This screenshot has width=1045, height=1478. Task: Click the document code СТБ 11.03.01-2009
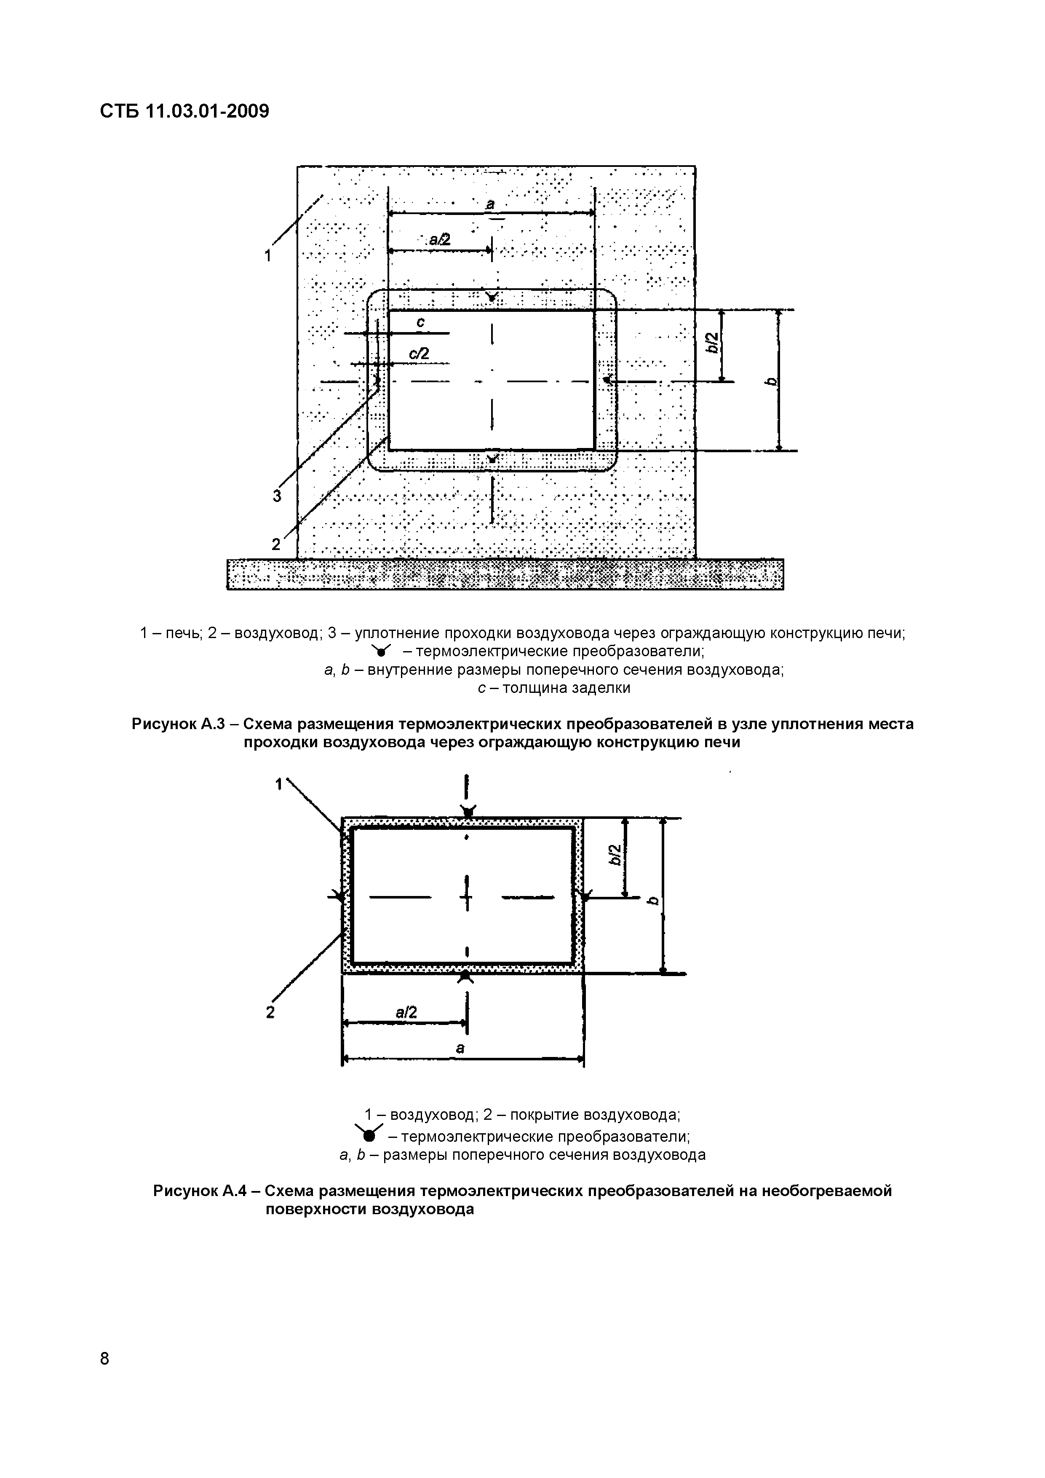click(x=184, y=111)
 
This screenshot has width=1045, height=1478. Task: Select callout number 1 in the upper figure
click(x=268, y=256)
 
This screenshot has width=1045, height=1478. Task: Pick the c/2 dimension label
click(x=419, y=354)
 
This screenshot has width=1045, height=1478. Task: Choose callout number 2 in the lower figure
click(x=270, y=1013)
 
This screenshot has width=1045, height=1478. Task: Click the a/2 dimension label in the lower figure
click(x=406, y=1013)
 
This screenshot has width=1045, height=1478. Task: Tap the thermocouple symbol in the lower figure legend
click(x=368, y=1134)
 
